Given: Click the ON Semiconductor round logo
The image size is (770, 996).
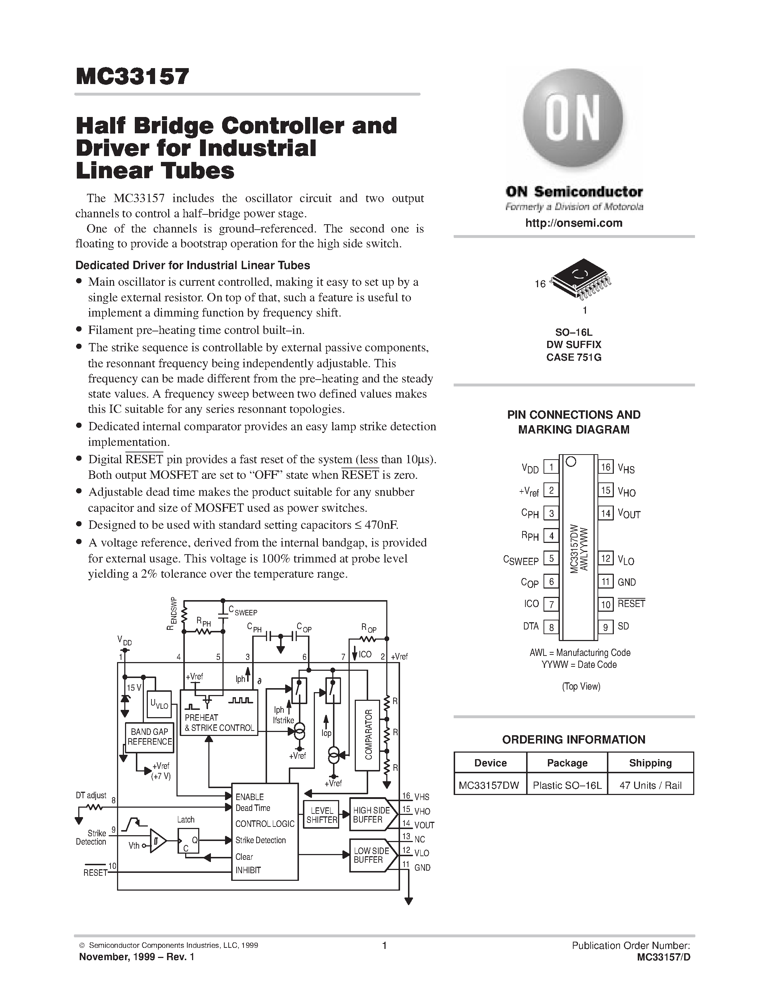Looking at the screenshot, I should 573,120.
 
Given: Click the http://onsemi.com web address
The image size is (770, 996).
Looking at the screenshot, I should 573,223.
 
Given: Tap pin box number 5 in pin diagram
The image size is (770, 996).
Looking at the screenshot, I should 551,558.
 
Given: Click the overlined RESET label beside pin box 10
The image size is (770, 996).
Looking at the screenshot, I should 631,603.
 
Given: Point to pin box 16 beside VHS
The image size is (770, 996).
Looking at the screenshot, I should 605,467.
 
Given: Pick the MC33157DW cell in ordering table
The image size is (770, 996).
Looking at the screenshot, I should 490,785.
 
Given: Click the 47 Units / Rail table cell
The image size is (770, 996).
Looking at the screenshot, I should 650,785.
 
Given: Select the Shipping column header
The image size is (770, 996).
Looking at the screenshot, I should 650,763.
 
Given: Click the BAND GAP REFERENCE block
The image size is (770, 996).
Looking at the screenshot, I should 150,737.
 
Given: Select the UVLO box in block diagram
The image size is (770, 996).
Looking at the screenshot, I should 159,704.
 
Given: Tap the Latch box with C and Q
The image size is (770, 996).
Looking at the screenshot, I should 188,840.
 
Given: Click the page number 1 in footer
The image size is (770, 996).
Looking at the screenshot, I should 384,945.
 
